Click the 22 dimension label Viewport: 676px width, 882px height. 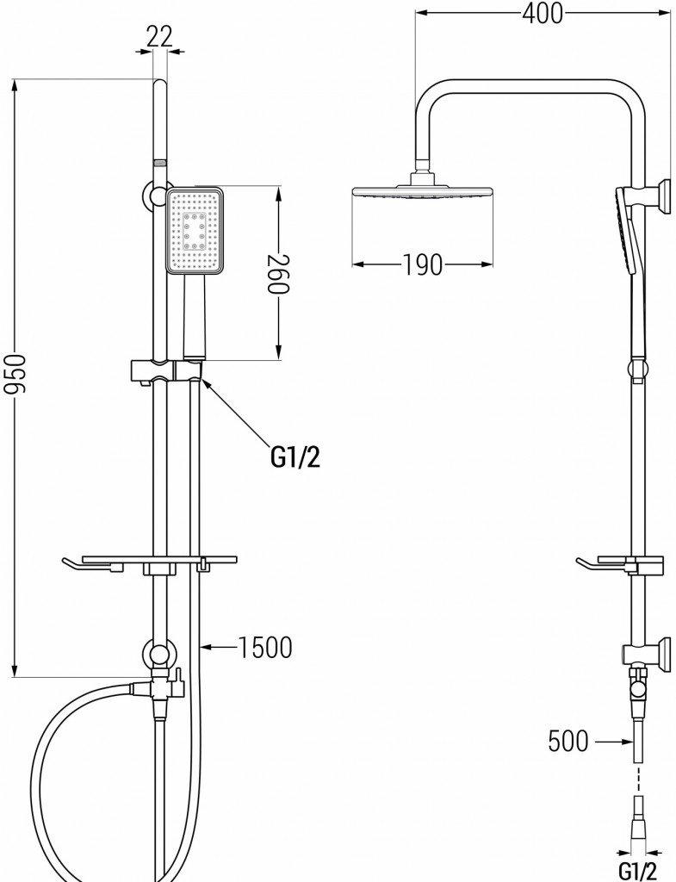click(159, 37)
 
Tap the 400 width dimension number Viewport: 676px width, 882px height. click(543, 14)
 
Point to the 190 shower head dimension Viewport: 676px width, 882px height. click(422, 264)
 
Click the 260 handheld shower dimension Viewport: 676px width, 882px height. click(277, 274)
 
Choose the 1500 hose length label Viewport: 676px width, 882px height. click(265, 648)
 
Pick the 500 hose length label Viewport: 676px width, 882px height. click(568, 741)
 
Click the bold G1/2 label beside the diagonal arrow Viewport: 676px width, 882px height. click(295, 458)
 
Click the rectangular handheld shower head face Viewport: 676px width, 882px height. click(195, 230)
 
